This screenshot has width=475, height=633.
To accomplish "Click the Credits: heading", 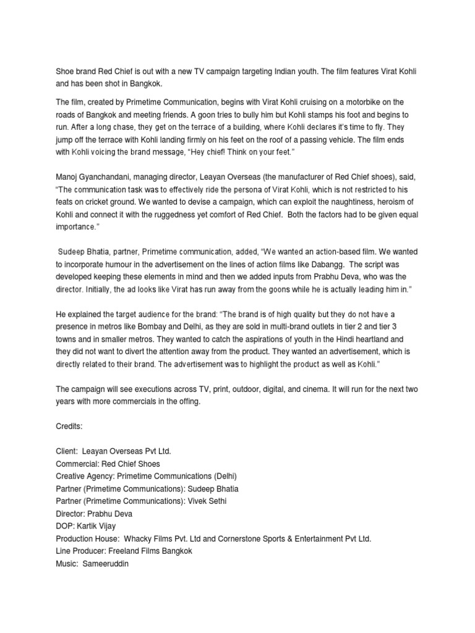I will [69, 427].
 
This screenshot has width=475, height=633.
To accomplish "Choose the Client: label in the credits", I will [67, 452].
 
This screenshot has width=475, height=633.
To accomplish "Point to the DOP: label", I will [66, 525].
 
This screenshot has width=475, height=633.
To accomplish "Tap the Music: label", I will [68, 563].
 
